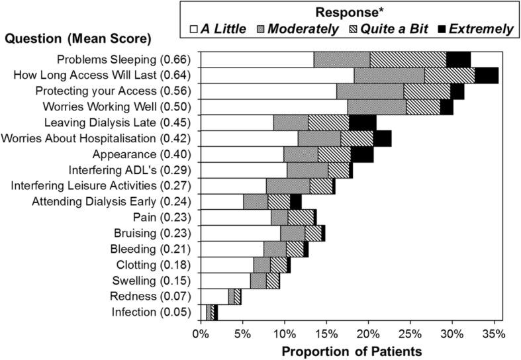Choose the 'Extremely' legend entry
[x=473, y=29]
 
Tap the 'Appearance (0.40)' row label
[x=154, y=154]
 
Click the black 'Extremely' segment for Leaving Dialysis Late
[x=362, y=122]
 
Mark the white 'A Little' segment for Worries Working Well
[x=273, y=107]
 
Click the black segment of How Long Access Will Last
[x=487, y=75]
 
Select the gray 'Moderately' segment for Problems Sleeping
[x=342, y=60]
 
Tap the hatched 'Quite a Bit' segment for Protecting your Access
[x=427, y=91]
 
